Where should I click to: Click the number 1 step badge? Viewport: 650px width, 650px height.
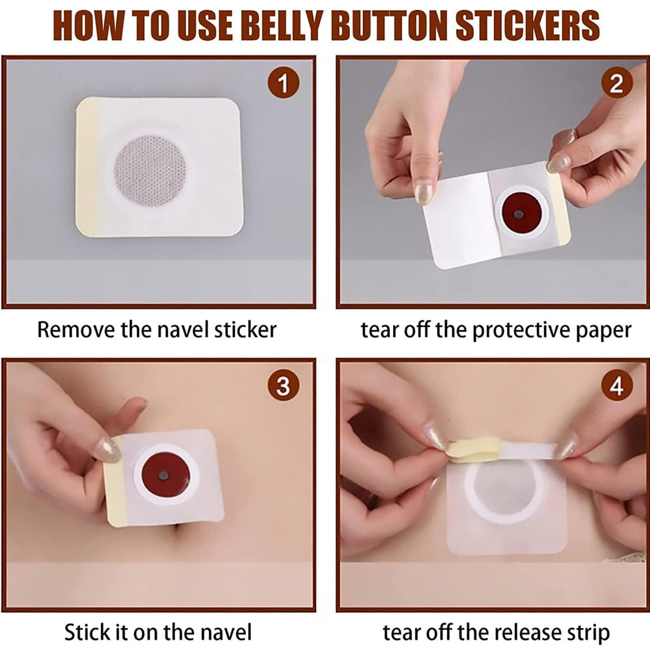coord(283,84)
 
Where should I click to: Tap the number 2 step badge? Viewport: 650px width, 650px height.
coord(616,84)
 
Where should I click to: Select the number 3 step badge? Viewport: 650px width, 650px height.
coord(283,386)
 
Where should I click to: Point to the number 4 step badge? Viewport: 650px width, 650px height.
coord(616,386)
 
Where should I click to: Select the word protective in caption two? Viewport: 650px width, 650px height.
coord(511,329)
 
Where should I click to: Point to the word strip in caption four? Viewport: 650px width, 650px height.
coord(587,632)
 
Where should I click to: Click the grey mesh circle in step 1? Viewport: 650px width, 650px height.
coord(149,170)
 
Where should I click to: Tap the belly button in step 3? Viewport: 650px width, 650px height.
coord(179,539)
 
